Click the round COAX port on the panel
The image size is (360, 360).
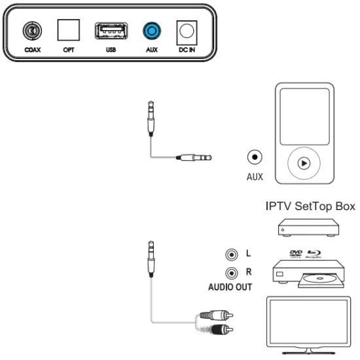[x=29, y=30]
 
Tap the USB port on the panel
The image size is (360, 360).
[x=110, y=30]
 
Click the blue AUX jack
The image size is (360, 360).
[x=152, y=30]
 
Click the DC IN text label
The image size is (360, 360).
[x=188, y=49]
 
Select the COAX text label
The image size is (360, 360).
[x=29, y=49]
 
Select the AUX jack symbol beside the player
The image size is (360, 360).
[x=255, y=157]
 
